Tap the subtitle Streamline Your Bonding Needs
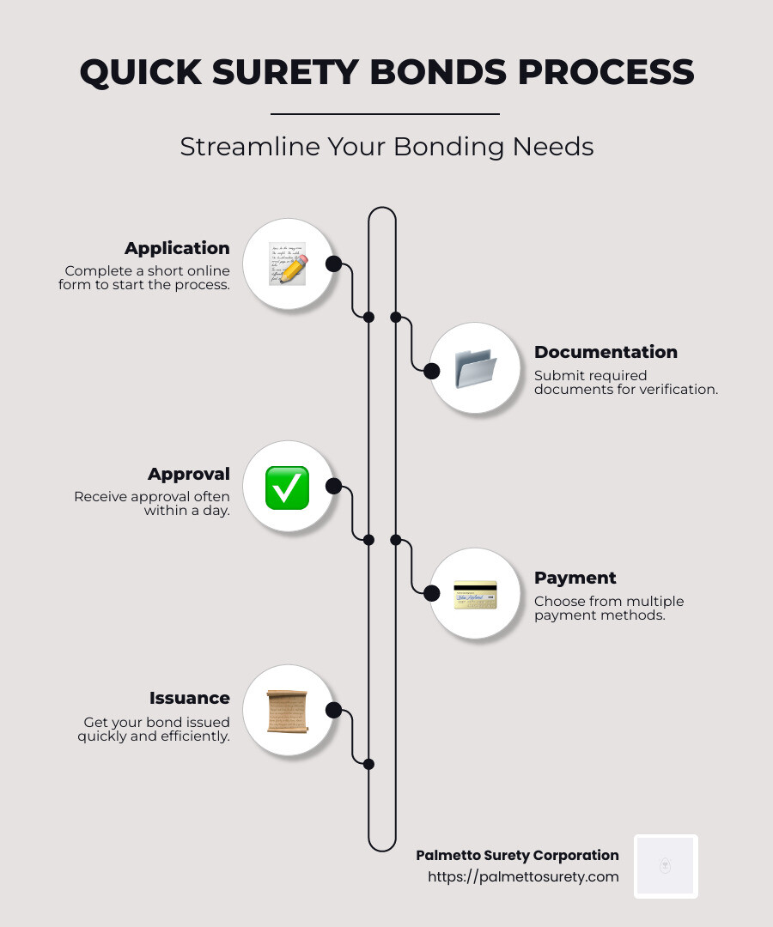coord(386,147)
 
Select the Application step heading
coord(177,248)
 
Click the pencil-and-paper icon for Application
coord(287,264)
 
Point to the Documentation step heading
coord(606,352)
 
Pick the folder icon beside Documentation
coord(475,368)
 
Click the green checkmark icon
coord(287,488)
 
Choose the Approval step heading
coord(189,474)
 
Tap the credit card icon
coord(475,594)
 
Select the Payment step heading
coord(575,578)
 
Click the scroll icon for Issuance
coord(287,711)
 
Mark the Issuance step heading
coord(190,698)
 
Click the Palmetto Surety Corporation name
coord(517,855)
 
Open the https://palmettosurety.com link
coord(523,876)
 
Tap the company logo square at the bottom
coord(666,866)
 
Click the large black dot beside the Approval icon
coord(334,487)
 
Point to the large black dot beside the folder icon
coord(431,371)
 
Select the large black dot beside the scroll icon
coord(334,710)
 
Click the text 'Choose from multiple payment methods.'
coord(608,608)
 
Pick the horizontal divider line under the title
coord(385,113)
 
